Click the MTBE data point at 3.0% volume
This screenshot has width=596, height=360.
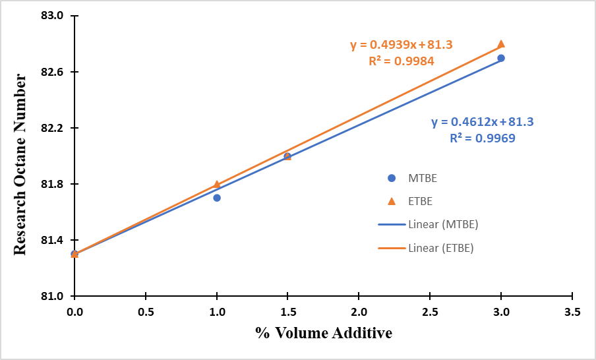501,58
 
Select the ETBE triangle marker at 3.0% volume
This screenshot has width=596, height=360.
501,44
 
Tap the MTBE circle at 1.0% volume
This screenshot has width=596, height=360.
217,198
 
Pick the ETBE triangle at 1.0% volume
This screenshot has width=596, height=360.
217,185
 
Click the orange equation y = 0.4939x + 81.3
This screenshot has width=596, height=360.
401,45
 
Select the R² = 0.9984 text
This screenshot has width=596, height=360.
401,61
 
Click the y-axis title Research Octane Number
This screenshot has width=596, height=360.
20,164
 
